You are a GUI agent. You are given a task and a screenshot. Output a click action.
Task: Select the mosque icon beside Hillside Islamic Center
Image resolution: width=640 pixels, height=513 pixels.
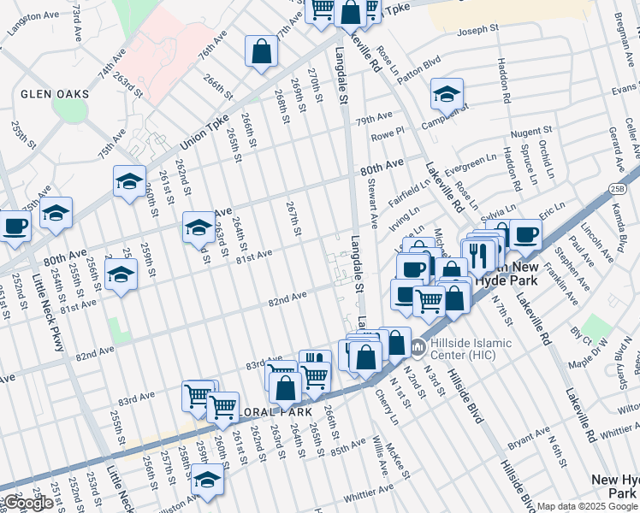point(418,347)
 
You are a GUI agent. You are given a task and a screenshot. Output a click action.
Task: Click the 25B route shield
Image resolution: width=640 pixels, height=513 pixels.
point(618,187)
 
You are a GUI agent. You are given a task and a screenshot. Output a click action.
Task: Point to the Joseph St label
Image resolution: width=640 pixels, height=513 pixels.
point(477,31)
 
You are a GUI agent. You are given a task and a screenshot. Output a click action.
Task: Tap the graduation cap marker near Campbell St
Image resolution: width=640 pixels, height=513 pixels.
point(447,94)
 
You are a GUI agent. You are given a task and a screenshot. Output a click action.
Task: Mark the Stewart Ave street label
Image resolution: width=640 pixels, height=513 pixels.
point(372,203)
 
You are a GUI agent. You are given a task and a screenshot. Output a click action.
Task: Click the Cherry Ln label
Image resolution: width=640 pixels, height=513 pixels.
point(387,408)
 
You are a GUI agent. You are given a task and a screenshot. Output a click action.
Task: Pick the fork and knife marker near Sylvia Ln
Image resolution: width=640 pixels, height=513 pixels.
point(477,254)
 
